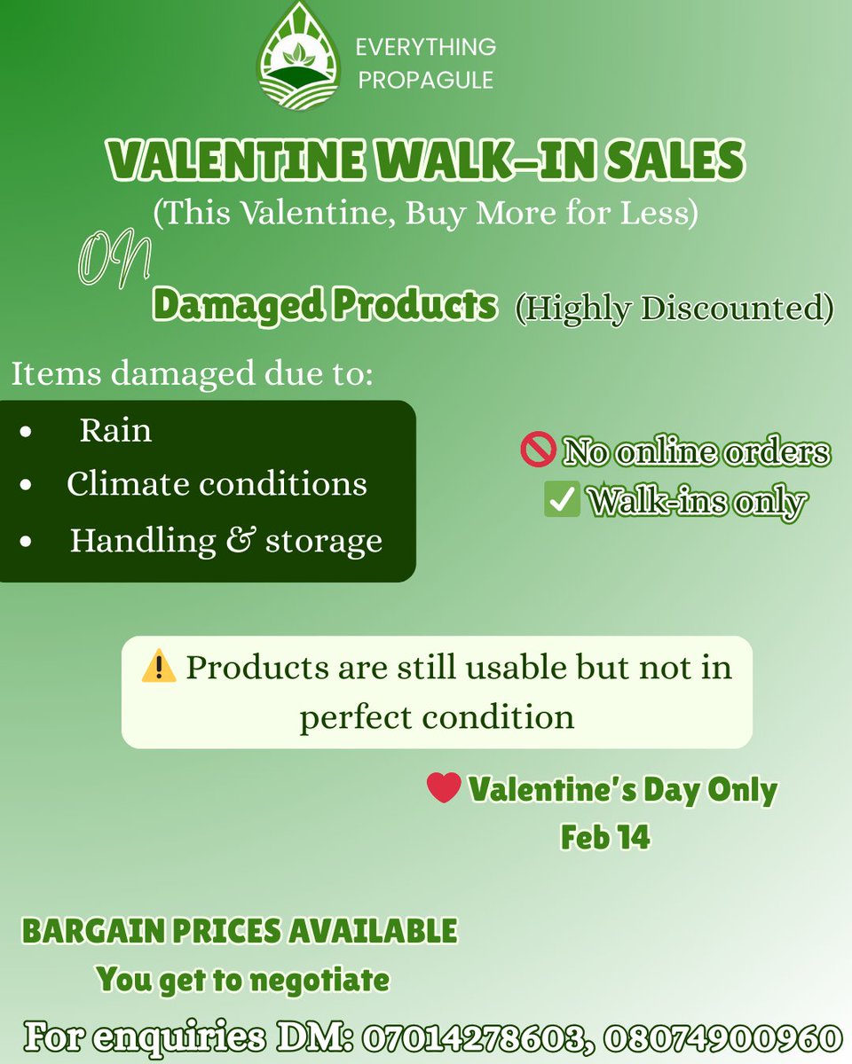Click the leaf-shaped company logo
298,59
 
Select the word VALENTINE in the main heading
234,162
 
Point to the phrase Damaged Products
324,305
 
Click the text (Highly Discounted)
674,308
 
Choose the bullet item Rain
115,431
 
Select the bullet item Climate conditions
217,484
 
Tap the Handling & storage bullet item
226,541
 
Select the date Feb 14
604,837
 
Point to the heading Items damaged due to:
191,373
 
